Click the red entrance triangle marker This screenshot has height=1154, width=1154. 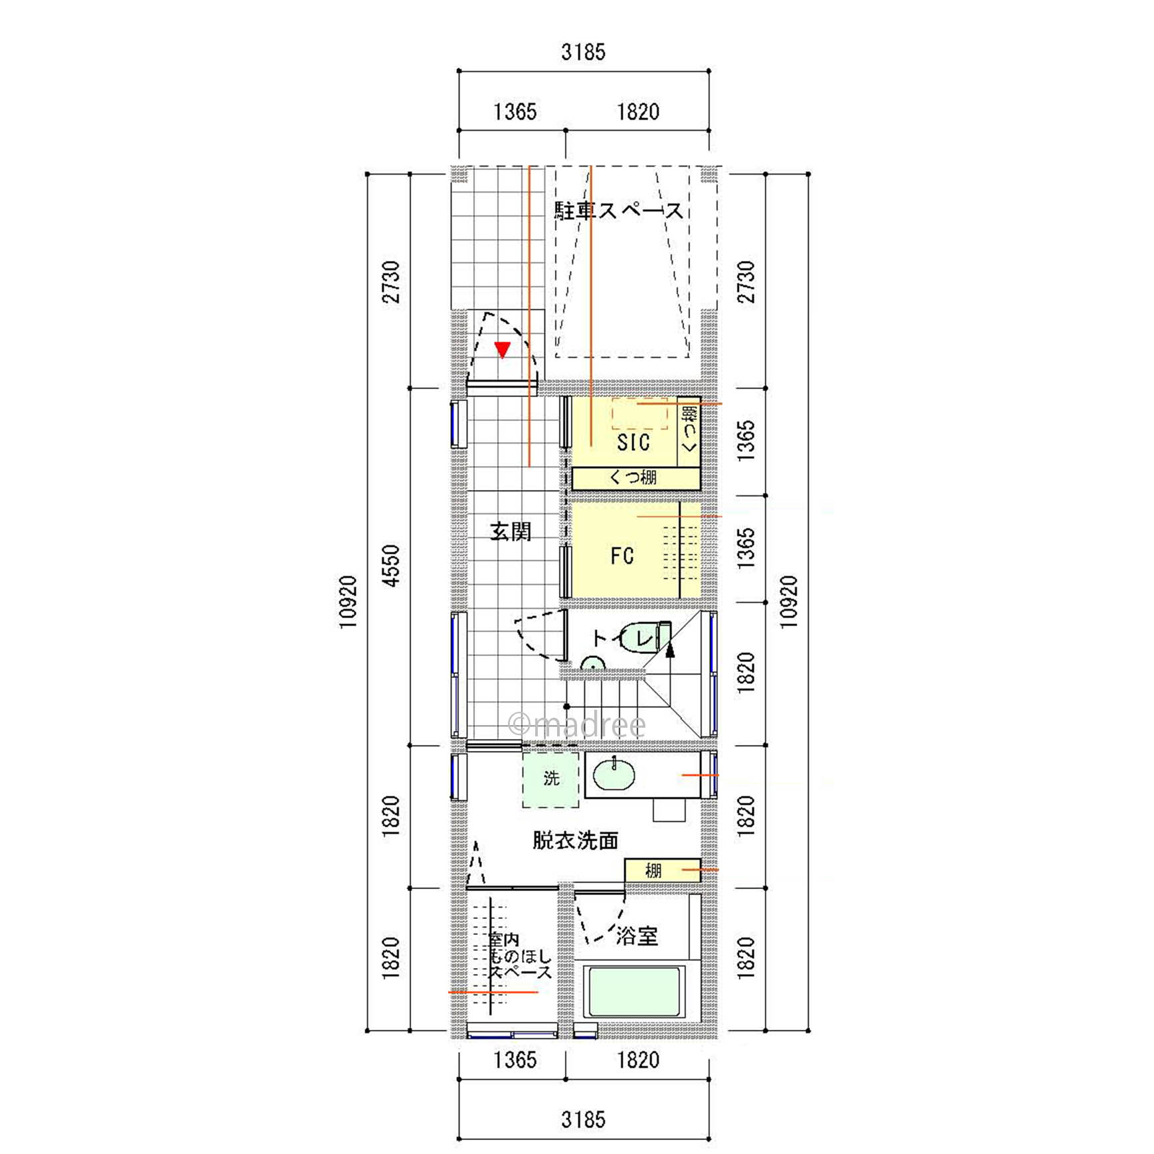(503, 349)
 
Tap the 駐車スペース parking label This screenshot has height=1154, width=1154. (619, 211)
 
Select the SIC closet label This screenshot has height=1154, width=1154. (633, 442)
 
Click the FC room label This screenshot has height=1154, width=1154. (622, 556)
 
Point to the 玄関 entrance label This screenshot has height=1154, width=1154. (511, 532)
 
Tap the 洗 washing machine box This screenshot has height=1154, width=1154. (551, 779)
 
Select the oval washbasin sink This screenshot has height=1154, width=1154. (614, 775)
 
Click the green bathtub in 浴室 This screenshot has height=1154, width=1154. (634, 993)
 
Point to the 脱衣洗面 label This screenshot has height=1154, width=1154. (576, 841)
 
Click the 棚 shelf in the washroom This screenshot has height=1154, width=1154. (662, 870)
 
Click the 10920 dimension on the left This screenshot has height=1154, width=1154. (348, 602)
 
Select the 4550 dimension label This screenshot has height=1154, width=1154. (392, 565)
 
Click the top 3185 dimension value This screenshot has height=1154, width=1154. (584, 52)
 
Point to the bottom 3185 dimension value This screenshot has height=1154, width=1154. (584, 1119)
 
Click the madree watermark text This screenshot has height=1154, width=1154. (576, 724)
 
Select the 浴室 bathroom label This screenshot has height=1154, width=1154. (637, 936)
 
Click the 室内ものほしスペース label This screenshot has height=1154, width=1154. (521, 957)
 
